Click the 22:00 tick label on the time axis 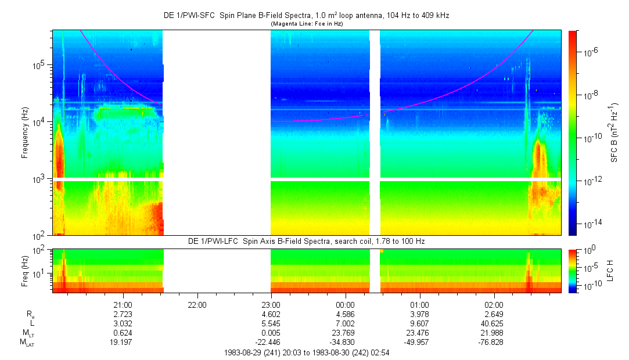[197, 304]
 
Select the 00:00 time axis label [346, 304]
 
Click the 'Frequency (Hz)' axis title [25, 133]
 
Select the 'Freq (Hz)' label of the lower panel [25, 271]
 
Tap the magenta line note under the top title [306, 24]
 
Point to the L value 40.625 [494, 323]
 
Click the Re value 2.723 [123, 314]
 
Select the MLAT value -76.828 [494, 343]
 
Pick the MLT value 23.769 [346, 333]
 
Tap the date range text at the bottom [306, 352]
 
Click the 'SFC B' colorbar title [614, 134]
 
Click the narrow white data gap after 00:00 [375, 133]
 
